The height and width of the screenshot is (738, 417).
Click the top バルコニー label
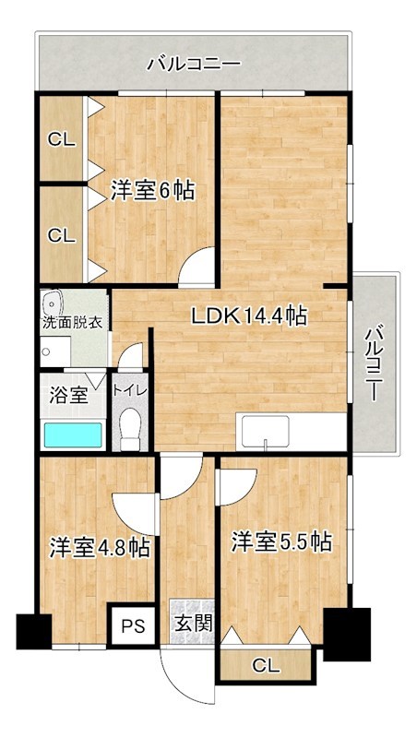coord(194,65)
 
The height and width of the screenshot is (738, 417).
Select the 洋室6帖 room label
coord(152,191)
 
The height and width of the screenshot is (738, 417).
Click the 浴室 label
coord(67,395)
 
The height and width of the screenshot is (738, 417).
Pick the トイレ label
coord(126,389)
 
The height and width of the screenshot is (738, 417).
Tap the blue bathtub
coord(73,434)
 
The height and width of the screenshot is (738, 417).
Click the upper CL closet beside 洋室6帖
coord(62,140)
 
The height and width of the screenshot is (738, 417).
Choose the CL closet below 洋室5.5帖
coord(265,664)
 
